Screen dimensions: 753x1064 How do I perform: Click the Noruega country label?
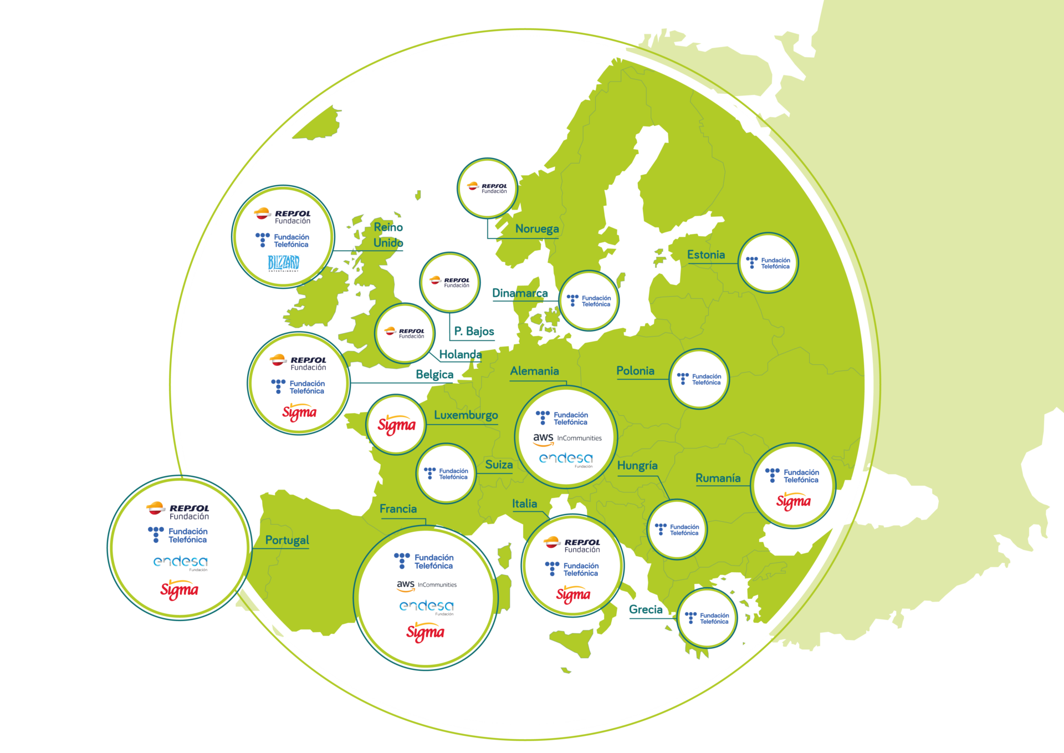[536, 228]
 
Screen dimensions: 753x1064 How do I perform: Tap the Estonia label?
[705, 255]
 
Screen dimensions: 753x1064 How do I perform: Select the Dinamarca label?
[519, 293]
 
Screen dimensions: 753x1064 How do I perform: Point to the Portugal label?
[287, 540]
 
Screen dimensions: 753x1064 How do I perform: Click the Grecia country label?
[645, 609]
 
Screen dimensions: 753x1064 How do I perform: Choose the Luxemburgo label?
[465, 415]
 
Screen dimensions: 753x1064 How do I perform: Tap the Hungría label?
[637, 466]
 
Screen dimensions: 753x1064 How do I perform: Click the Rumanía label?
[718, 478]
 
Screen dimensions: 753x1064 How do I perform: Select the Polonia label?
[635, 370]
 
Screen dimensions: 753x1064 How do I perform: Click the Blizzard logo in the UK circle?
[283, 263]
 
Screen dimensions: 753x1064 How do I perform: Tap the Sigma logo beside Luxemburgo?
[396, 425]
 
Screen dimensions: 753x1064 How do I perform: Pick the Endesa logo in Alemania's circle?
[566, 459]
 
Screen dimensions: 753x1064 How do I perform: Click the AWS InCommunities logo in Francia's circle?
[426, 585]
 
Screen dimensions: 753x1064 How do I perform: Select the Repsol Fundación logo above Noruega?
[487, 188]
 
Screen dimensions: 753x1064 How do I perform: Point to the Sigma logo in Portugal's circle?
[179, 590]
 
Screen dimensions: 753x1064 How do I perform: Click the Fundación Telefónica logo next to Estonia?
[768, 263]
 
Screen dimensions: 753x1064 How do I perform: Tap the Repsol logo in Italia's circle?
[572, 545]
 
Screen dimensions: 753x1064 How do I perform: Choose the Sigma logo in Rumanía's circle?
[793, 502]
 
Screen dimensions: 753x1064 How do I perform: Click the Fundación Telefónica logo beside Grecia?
[707, 618]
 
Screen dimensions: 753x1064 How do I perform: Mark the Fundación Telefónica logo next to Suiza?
[446, 474]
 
